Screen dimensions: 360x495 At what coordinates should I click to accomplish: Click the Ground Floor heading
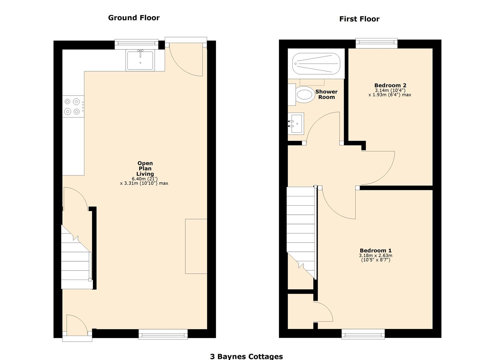click(134, 18)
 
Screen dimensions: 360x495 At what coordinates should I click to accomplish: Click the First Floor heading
click(359, 19)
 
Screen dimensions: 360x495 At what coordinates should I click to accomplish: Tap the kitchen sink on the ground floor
click(140, 60)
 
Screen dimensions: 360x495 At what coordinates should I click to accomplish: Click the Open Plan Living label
click(145, 168)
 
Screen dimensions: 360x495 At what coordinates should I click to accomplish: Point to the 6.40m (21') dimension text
click(145, 179)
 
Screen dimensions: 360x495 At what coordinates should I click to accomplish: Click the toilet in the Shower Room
click(305, 95)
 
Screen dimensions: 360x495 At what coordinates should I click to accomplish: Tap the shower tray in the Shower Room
click(316, 64)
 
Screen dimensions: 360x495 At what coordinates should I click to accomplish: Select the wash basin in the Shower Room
click(296, 124)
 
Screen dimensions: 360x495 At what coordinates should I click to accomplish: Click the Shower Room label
click(326, 94)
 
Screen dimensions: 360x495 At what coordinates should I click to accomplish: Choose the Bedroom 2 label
click(390, 86)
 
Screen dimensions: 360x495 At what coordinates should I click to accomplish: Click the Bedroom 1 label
click(375, 251)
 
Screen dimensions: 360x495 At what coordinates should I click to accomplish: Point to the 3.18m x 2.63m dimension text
click(375, 256)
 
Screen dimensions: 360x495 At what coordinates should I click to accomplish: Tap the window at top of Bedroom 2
click(376, 43)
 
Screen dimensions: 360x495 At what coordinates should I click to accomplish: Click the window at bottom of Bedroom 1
click(363, 334)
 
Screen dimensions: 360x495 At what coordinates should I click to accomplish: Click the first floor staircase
click(301, 230)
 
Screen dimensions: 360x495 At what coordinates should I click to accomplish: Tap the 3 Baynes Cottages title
click(246, 356)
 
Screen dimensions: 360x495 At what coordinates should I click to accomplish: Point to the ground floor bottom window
click(163, 334)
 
